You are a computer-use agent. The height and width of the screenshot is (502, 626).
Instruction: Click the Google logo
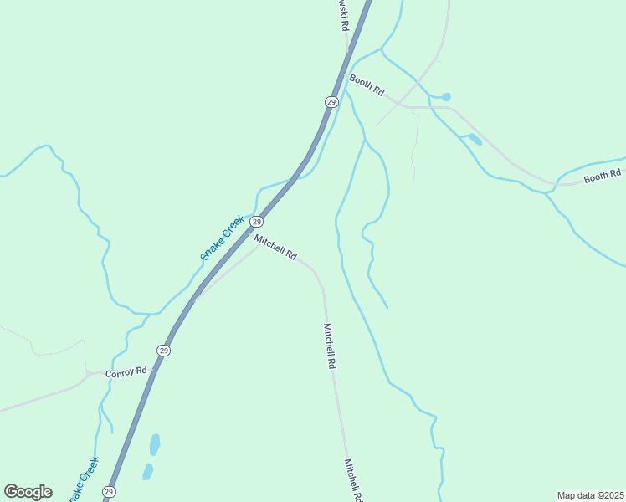click(28, 492)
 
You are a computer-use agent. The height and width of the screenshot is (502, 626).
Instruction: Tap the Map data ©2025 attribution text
click(590, 495)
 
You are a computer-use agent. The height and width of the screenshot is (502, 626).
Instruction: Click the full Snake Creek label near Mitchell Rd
click(222, 238)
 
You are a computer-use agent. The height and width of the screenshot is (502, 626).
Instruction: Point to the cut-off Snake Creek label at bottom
click(83, 479)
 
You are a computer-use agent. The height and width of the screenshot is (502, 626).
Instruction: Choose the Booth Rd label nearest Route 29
click(367, 85)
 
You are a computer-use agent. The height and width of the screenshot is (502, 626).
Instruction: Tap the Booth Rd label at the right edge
click(602, 175)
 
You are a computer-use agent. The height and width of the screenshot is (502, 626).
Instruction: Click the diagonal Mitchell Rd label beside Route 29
click(276, 247)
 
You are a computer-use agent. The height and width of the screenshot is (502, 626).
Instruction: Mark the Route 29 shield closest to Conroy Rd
click(164, 351)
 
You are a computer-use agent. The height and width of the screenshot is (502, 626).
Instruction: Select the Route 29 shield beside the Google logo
click(109, 491)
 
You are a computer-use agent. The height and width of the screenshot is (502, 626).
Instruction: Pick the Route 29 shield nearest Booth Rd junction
click(331, 102)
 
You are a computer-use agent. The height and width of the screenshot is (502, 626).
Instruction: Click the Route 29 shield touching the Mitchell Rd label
click(257, 222)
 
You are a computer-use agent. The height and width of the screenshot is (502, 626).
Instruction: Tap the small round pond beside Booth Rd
click(446, 97)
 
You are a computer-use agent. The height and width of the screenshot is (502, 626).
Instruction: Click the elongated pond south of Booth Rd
click(475, 139)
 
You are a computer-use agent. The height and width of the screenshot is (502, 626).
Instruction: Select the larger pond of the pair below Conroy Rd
click(154, 444)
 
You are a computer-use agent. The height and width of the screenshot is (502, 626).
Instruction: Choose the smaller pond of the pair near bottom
click(148, 472)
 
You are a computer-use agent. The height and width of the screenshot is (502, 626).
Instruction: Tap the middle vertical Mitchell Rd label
click(330, 346)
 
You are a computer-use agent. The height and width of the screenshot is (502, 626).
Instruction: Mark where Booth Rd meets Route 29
click(344, 74)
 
